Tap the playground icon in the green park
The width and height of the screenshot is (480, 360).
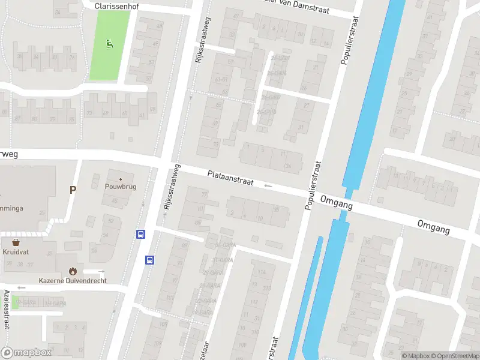coord(109,43)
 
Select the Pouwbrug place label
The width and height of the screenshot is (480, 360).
coord(121,187)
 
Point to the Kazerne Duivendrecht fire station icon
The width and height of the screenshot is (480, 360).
coord(73,271)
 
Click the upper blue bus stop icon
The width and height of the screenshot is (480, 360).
coord(141,235)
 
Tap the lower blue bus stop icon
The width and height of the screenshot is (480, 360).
coord(149,260)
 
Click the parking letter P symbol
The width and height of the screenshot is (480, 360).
coord(73,190)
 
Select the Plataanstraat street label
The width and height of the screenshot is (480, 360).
coord(230,178)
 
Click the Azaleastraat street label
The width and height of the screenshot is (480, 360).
coord(7,308)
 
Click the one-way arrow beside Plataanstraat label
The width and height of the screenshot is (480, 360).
coord(268,186)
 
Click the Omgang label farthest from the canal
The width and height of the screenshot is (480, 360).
coord(434,227)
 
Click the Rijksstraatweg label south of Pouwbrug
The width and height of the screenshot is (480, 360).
coord(170,188)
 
